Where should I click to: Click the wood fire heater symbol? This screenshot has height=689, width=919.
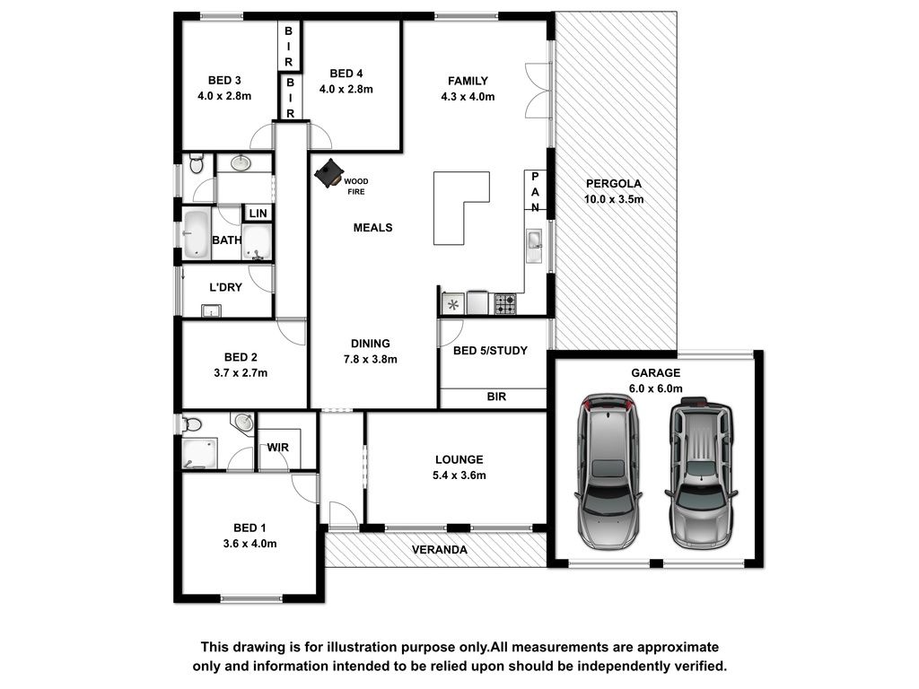coord(328,173)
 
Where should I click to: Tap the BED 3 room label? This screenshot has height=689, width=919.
coord(224,80)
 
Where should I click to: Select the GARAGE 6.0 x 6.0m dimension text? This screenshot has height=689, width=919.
coord(656,388)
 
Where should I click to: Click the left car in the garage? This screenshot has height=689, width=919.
coord(609,472)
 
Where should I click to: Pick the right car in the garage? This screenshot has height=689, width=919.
coord(701,473)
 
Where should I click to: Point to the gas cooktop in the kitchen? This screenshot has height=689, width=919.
coord(505,303)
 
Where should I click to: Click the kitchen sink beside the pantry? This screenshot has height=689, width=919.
coord(534,246)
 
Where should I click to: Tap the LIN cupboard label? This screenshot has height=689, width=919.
coord(258,214)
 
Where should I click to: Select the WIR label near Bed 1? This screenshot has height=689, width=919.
coord(278,448)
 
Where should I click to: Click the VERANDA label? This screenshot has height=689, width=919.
coord(440,550)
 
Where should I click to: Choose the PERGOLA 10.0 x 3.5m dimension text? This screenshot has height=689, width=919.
coord(614,199)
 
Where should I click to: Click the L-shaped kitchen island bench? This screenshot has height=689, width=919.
coord(461,208)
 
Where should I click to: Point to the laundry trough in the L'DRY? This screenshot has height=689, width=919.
coord(211,310)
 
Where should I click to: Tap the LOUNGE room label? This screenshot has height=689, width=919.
coord(459,460)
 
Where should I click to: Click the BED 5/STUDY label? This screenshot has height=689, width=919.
coord(490,351)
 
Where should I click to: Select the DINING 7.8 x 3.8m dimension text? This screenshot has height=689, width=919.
coord(371,359)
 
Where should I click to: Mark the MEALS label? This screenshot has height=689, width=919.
coord(372,228)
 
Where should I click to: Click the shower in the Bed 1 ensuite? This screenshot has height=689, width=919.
coord(199,454)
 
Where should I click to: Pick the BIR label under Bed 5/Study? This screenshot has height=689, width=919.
coord(496,397)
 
